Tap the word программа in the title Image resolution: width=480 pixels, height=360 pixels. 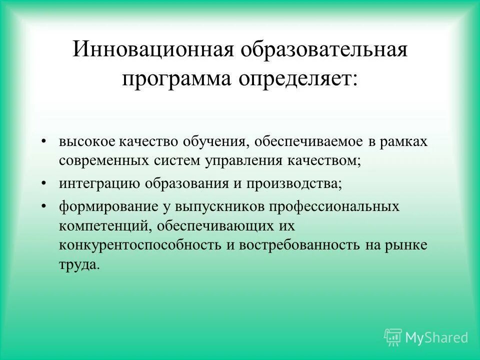179,79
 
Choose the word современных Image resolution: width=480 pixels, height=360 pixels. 103,161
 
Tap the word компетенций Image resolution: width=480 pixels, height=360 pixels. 105,225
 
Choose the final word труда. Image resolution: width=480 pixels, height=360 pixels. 79,265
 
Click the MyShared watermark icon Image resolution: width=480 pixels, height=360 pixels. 393,337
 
